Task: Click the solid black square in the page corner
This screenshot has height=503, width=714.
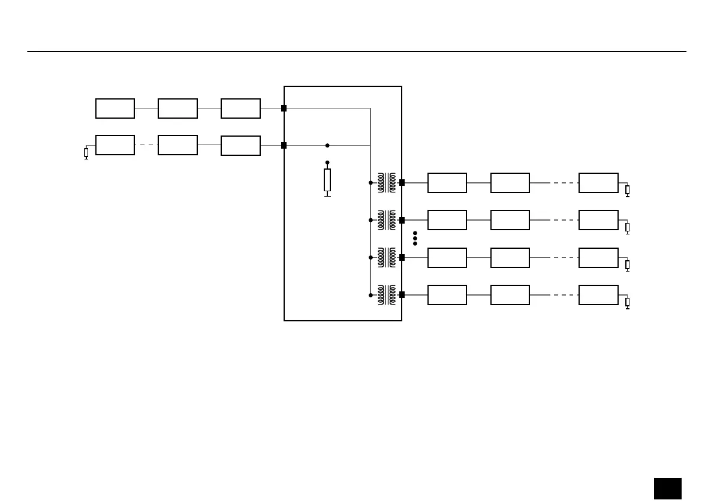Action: pos(667,488)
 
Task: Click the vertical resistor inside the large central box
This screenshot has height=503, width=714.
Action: pos(327,180)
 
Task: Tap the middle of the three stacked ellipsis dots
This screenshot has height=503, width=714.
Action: pos(415,238)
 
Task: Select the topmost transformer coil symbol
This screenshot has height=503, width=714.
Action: pos(387,182)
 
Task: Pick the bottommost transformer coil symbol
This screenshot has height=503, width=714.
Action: pos(387,295)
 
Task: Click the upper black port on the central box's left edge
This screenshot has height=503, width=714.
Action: pos(284,109)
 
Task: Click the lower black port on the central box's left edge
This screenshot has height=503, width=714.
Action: pos(284,145)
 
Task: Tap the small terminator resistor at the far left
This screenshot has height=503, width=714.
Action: pos(86,153)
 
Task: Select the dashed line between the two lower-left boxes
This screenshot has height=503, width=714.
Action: pos(146,145)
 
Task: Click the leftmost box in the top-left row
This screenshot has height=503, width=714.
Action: pos(115,109)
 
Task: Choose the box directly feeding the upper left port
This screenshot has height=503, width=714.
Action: pos(240,109)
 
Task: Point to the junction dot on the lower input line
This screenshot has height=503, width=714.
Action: pos(327,145)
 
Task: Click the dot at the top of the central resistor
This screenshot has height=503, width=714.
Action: pos(327,162)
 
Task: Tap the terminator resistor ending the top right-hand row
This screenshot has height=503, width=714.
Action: pos(627,190)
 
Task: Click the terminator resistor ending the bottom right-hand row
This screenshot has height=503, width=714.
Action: pos(627,302)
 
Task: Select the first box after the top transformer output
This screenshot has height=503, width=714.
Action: pos(447,183)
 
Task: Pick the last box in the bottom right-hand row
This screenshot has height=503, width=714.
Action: pos(598,295)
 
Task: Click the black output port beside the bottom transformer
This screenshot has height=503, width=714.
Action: pos(402,295)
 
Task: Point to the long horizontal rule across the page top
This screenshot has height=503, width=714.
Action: pos(357,52)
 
